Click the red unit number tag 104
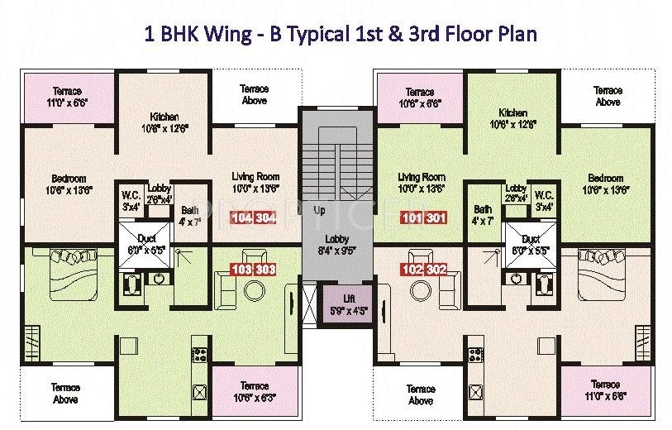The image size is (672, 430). pyautogui.click(x=242, y=219)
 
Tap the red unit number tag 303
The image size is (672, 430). pyautogui.click(x=264, y=269)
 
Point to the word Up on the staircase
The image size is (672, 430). pyautogui.click(x=319, y=211)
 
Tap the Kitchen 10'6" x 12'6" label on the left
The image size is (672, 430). pyautogui.click(x=164, y=122)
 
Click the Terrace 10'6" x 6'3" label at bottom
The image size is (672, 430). pyautogui.click(x=254, y=391)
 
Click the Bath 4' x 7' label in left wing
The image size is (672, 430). pyautogui.click(x=189, y=216)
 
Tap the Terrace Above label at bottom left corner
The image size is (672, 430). pyautogui.click(x=65, y=393)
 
